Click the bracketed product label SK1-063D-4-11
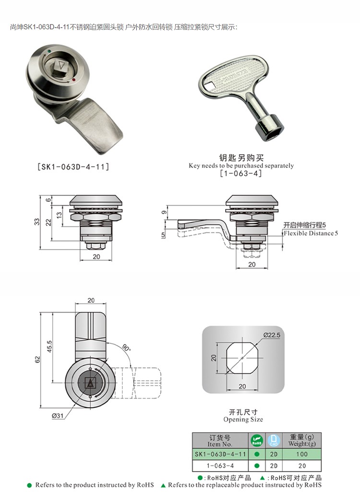tap(73, 167)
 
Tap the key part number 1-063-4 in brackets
tap(241, 173)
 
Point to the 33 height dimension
tap(37, 221)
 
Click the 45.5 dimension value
tap(49, 347)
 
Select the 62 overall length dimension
tap(37, 359)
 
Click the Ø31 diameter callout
tap(58, 415)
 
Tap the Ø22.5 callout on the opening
tap(272, 335)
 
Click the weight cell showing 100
tap(302, 454)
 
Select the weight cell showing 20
tap(302, 465)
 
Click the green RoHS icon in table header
tap(257, 440)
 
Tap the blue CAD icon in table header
tap(274, 440)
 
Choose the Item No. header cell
tap(220, 441)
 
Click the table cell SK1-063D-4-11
tap(220, 454)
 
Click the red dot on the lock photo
tap(74, 80)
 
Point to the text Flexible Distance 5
tap(311, 233)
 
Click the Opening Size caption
tap(243, 419)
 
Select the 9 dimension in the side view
tap(164, 212)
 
